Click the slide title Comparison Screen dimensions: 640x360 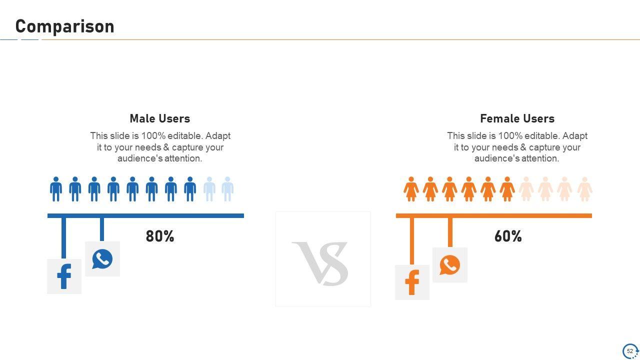[65, 26]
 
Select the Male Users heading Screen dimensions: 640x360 [159, 118]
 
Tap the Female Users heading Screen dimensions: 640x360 [517, 118]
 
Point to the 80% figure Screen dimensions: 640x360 [159, 236]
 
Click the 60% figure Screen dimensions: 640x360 [508, 236]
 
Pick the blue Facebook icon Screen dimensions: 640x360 [64, 276]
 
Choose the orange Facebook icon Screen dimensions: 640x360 [412, 282]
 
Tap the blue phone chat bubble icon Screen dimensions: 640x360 [102, 259]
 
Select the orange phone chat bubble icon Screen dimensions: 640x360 [449, 265]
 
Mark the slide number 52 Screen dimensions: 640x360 [629, 351]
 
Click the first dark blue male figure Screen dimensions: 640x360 [56, 189]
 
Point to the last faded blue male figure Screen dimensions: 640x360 [227, 189]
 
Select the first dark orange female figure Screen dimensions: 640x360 [411, 189]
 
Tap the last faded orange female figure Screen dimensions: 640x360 [585, 189]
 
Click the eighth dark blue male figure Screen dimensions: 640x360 [190, 189]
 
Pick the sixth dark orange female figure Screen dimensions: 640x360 [507, 189]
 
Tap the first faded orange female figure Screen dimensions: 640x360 [526, 189]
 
